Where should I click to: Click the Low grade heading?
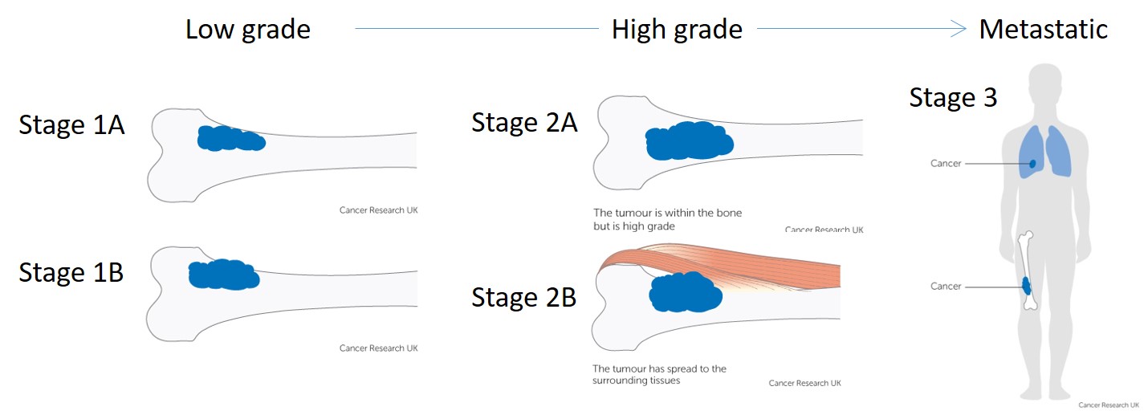pyautogui.click(x=248, y=30)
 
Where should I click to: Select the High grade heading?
pyautogui.click(x=677, y=30)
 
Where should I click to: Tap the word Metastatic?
pyautogui.click(x=1044, y=29)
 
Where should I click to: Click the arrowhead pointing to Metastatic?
pyautogui.click(x=959, y=29)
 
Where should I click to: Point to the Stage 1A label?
pyautogui.click(x=71, y=125)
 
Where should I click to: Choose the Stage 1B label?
pyautogui.click(x=71, y=272)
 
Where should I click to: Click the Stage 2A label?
pyautogui.click(x=524, y=123)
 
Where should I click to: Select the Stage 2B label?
pyautogui.click(x=523, y=298)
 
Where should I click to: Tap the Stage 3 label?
pyautogui.click(x=953, y=97)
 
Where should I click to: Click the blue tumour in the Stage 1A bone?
pyautogui.click(x=231, y=138)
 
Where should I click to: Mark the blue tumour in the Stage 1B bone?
pyautogui.click(x=224, y=275)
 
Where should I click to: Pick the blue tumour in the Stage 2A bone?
pyautogui.click(x=690, y=141)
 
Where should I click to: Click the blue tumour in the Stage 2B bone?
pyautogui.click(x=686, y=292)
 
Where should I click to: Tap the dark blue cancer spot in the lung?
pyautogui.click(x=1032, y=164)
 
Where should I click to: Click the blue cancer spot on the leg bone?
pyautogui.click(x=1026, y=286)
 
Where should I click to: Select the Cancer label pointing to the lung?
pyautogui.click(x=946, y=164)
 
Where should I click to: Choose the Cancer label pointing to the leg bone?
pyautogui.click(x=946, y=287)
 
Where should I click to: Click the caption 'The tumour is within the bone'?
pyautogui.click(x=667, y=214)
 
